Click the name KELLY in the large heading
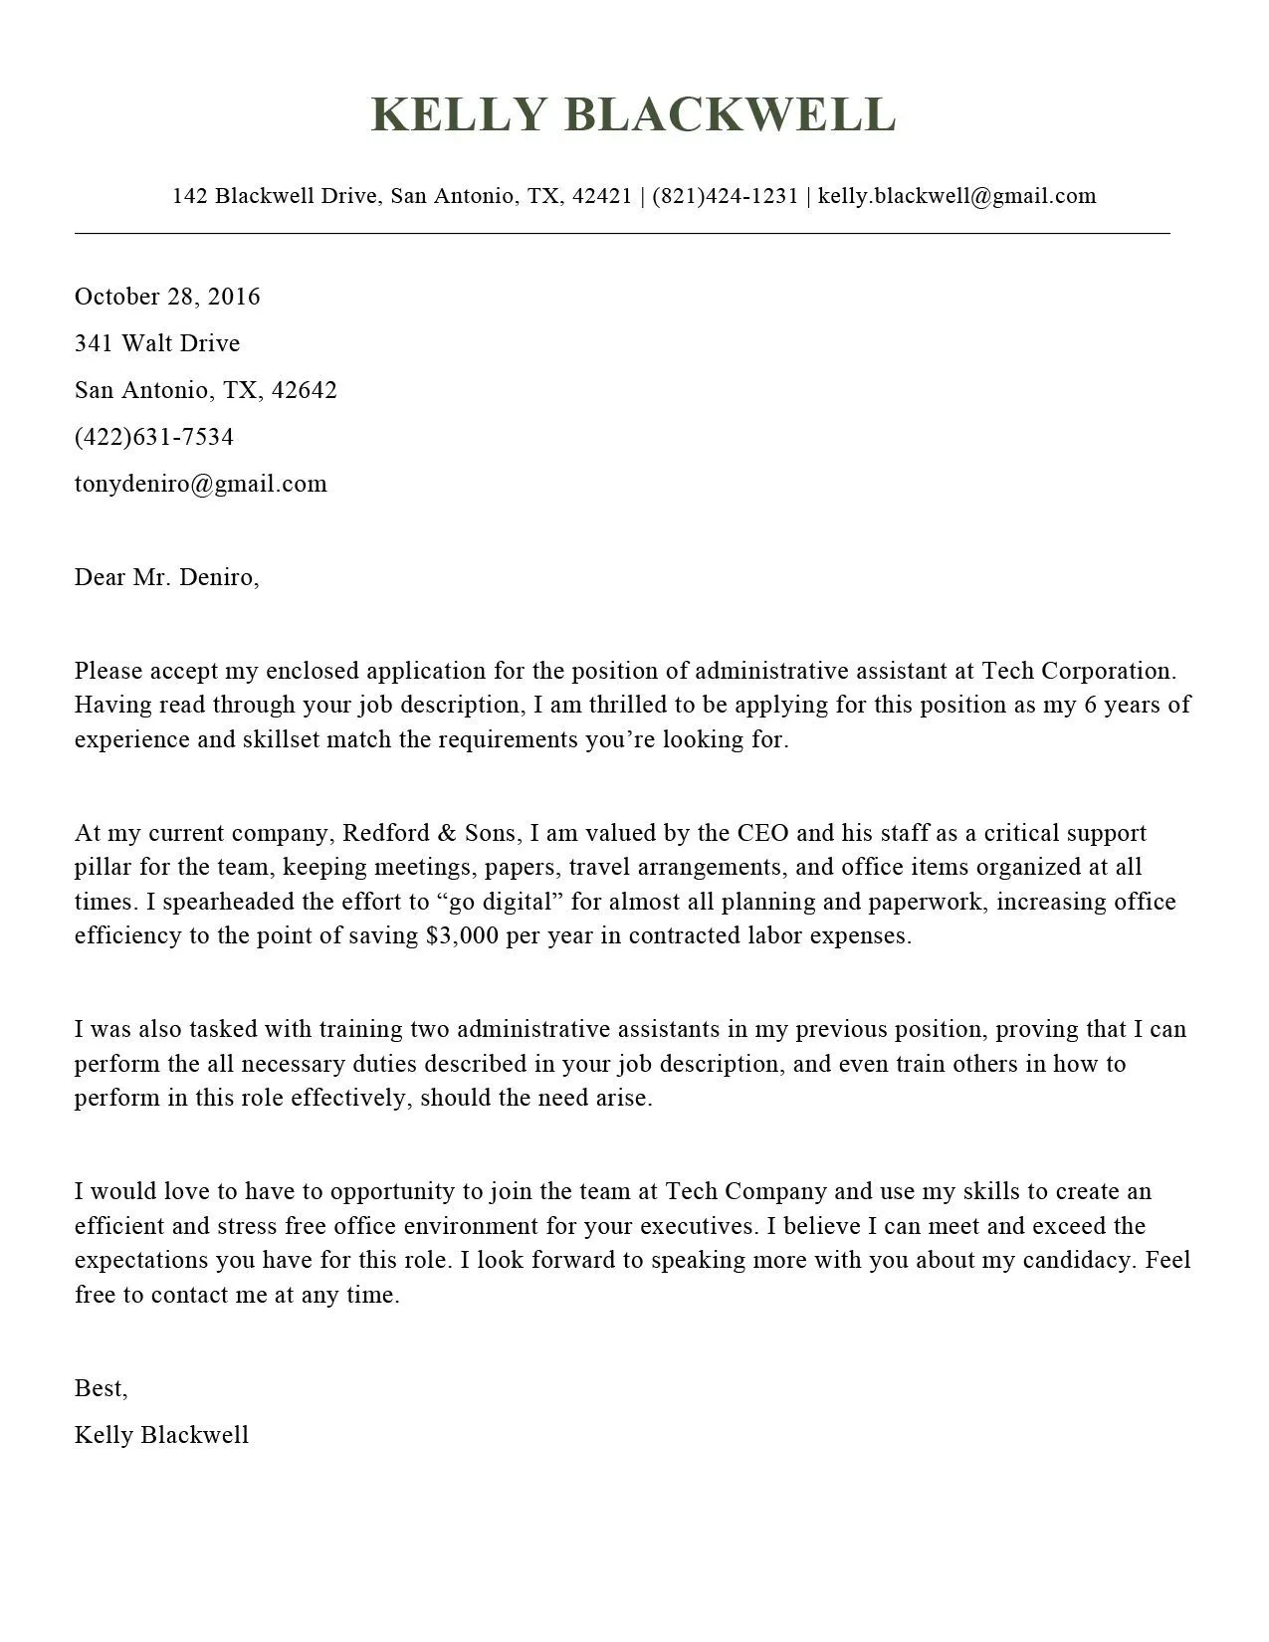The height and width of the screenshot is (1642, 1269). click(x=459, y=114)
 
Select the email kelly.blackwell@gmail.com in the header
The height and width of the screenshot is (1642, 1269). click(x=956, y=195)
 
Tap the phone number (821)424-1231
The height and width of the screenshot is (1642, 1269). click(x=725, y=195)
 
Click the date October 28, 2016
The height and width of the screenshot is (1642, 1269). click(x=167, y=297)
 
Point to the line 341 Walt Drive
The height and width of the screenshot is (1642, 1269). click(x=157, y=343)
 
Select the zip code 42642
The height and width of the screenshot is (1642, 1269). click(x=304, y=390)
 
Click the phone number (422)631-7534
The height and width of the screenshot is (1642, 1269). click(x=154, y=437)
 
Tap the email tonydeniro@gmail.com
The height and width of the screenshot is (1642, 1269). click(x=200, y=484)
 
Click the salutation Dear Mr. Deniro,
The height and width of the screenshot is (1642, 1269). click(x=166, y=577)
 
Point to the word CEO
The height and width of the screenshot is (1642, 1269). click(x=763, y=833)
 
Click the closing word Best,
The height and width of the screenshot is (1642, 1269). click(x=101, y=1388)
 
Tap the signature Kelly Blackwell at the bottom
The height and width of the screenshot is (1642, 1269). click(x=161, y=1435)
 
